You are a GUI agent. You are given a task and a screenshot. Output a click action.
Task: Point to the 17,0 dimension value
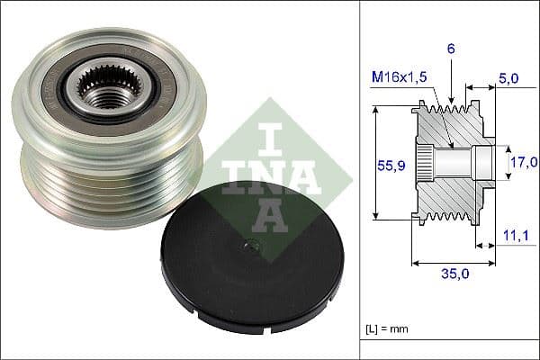522,162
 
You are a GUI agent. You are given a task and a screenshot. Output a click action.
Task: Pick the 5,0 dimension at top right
510,79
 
